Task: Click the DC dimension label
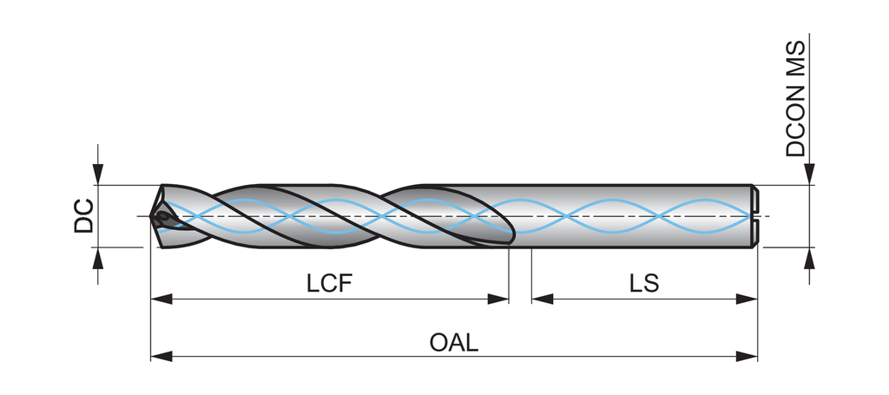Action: coord(83,216)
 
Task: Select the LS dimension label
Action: coord(644,283)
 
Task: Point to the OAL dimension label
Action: coord(454,341)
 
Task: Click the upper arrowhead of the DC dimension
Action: coord(99,175)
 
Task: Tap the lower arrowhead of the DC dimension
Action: coord(99,258)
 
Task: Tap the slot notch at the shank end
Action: coord(755,216)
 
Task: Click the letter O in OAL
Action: coord(439,341)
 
